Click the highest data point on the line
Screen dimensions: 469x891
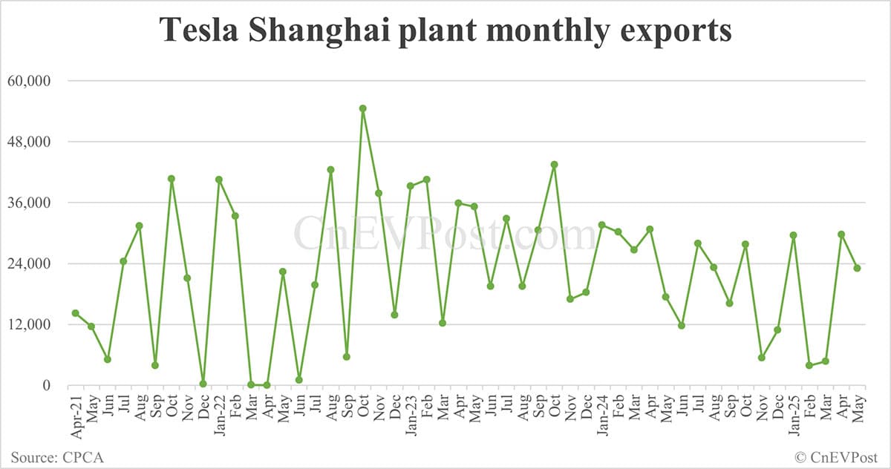click(x=362, y=108)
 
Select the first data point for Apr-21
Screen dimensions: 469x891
click(x=75, y=313)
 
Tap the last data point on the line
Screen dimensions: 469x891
click(x=857, y=268)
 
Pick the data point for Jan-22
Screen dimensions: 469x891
click(x=219, y=180)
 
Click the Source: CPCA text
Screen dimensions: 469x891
click(x=57, y=456)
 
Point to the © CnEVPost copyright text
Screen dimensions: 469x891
click(x=836, y=456)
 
